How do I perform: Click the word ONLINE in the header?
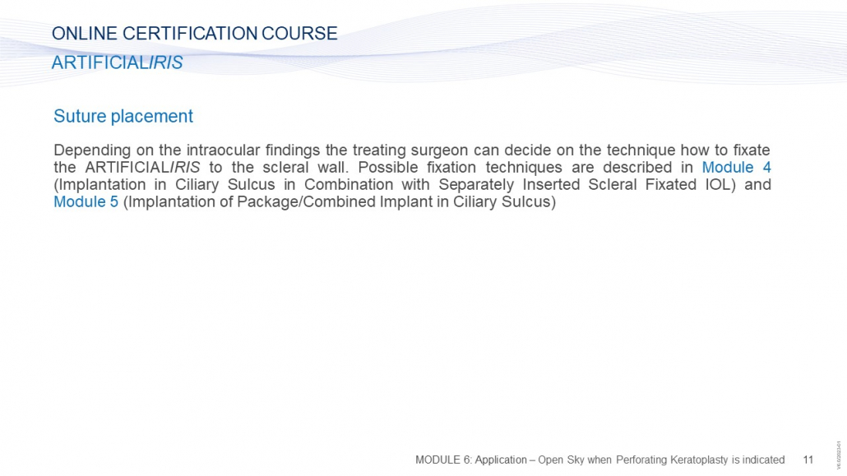tap(84, 34)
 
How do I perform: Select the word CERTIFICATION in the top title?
tap(190, 34)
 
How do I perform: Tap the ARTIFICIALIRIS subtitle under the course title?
tap(118, 62)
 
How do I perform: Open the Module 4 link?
tap(736, 167)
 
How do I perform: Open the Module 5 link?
tap(86, 201)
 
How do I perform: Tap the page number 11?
tap(808, 460)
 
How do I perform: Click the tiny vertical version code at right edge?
tap(839, 455)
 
